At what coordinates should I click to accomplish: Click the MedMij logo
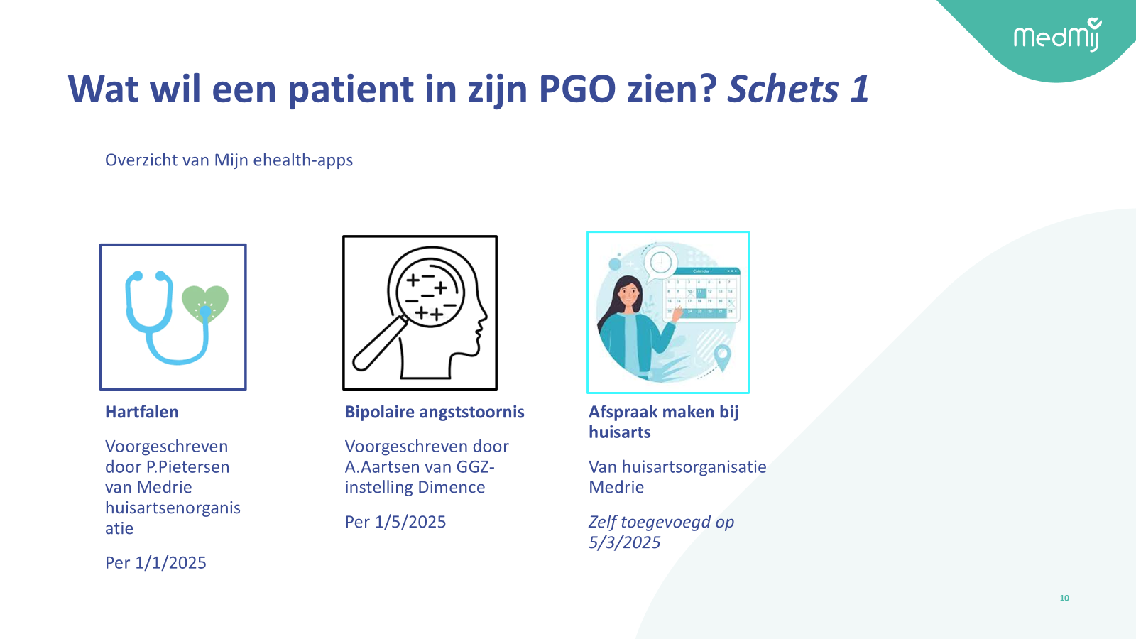coord(1058,35)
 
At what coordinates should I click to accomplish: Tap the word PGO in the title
coord(577,89)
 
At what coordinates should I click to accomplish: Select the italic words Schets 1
coord(798,89)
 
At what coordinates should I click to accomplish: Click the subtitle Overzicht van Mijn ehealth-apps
coord(229,160)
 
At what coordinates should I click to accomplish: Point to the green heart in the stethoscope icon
coord(205,303)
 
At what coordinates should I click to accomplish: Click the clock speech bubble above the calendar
coord(661,263)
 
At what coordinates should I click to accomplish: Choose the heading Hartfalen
coord(141,412)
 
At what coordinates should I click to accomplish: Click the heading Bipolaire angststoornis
coord(435,412)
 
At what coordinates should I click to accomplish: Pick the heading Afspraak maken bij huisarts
coord(663,422)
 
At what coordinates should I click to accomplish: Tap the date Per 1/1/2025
coord(155,563)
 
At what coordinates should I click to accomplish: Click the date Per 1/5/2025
coord(395,522)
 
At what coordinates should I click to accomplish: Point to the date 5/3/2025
coord(624,542)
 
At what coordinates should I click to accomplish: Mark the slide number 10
coord(1064,599)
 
